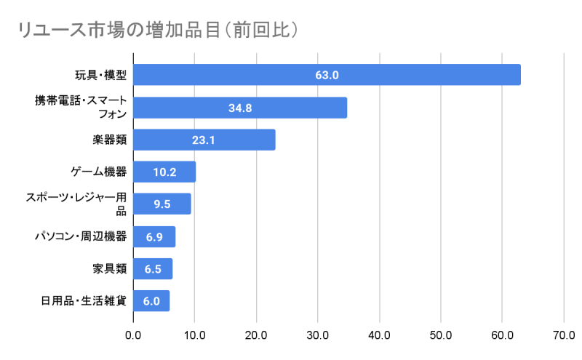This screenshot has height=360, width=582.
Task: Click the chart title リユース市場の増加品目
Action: (157, 30)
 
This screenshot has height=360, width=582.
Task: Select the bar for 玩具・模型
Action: (327, 75)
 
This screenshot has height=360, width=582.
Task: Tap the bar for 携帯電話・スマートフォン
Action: (240, 108)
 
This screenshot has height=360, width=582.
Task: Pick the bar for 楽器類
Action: (204, 140)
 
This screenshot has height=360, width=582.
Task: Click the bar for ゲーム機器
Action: (164, 172)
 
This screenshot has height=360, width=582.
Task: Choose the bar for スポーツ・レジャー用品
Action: (162, 204)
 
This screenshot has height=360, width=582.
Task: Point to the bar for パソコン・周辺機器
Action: (154, 236)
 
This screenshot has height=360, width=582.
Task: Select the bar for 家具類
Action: (153, 268)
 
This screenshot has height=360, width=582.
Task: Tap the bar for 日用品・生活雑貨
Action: (151, 301)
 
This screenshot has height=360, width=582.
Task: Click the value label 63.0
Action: (327, 75)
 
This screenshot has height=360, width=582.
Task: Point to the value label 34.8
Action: (240, 108)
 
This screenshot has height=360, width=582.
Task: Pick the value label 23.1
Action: (204, 140)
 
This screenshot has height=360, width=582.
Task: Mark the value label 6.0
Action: (151, 301)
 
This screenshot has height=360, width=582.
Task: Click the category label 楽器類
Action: (110, 140)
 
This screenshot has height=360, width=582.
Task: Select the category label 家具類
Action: (110, 268)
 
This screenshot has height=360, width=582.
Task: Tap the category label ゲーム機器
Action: (99, 172)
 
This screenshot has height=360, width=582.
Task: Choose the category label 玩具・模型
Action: (101, 75)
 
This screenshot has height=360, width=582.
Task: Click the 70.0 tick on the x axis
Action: (564, 335)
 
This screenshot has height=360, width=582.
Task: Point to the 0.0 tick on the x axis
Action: (133, 335)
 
